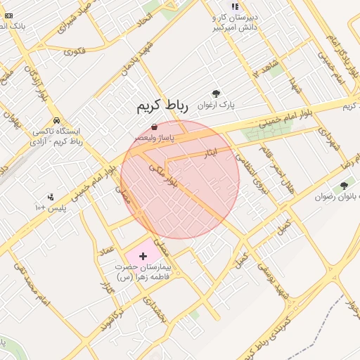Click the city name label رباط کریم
coord(163,107)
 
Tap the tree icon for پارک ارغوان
coord(216,94)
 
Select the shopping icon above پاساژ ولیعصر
coord(154,127)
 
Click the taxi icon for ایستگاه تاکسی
coord(56,120)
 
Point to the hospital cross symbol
coord(144,257)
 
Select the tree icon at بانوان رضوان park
coord(344,186)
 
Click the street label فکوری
coord(74,51)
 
